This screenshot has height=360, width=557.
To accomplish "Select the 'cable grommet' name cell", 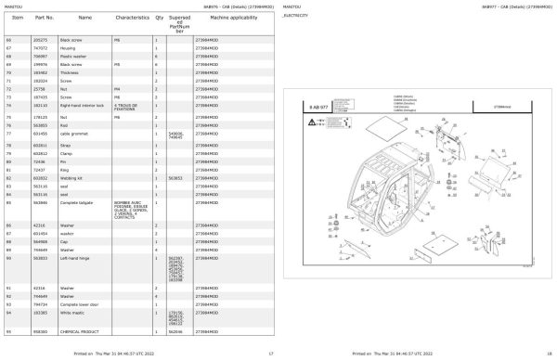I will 73,135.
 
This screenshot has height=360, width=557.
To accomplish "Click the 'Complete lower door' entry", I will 80,303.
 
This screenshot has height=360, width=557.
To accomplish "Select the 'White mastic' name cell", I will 72,312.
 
